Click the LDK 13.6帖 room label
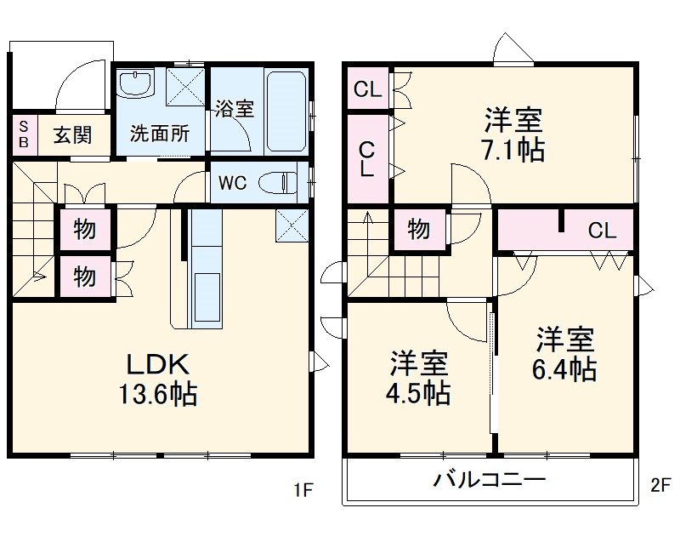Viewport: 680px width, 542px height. (161, 379)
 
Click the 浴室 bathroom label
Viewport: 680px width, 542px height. (234, 109)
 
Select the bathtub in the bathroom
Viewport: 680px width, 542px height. (286, 111)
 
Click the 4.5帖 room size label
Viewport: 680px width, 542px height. (420, 393)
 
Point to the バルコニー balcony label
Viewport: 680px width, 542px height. (490, 479)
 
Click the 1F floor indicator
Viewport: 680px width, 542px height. (303, 489)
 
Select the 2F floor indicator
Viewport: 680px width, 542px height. (660, 487)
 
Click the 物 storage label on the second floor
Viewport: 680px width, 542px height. (417, 230)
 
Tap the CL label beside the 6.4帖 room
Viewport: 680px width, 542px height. (602, 230)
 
